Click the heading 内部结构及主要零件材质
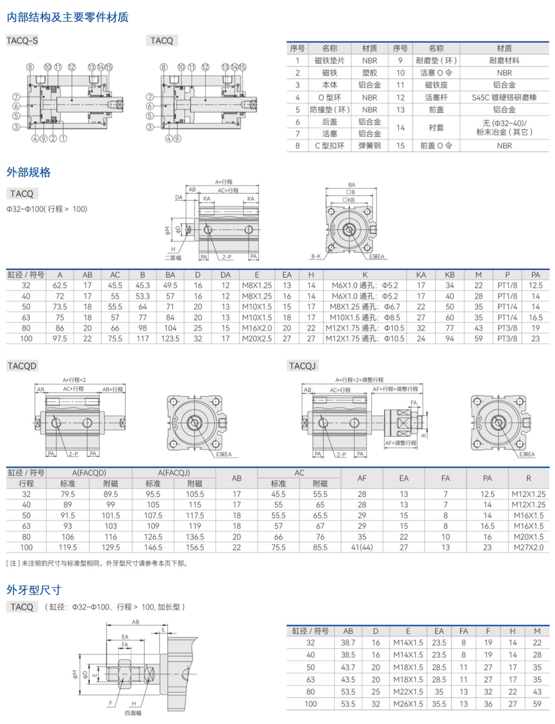tap(68, 17)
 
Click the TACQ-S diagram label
tap(22, 41)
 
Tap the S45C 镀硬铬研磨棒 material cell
tap(504, 98)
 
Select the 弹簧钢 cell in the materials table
tap(370, 146)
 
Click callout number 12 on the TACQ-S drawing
tap(72, 67)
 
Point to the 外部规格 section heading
tap(29, 172)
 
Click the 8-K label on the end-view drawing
tap(316, 256)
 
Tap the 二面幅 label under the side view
tap(173, 258)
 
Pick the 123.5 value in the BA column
tap(170, 338)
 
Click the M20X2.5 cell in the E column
tap(257, 338)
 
